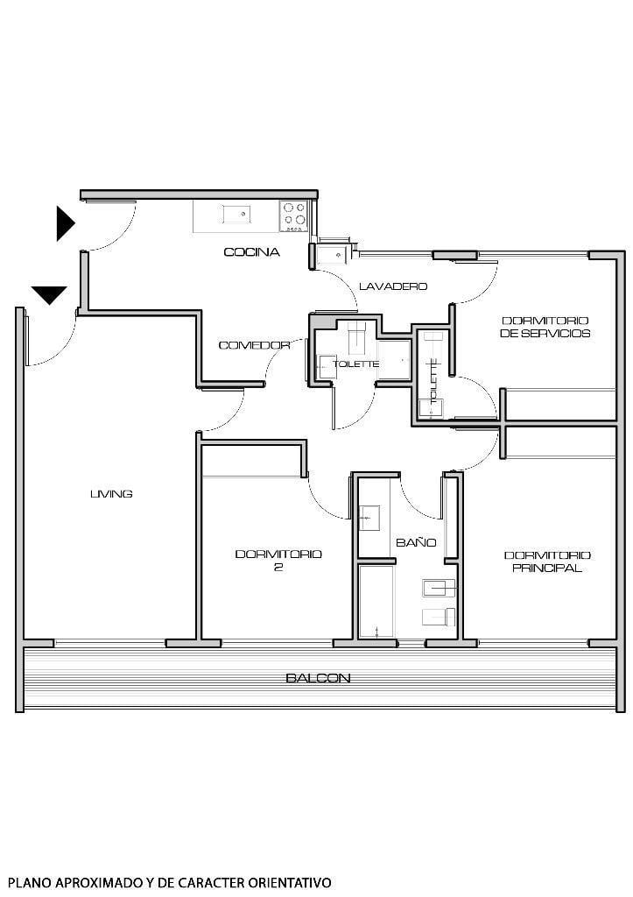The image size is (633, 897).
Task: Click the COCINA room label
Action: (x=251, y=252)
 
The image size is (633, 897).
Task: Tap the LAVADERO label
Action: (x=393, y=286)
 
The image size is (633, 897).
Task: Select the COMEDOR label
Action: (x=254, y=345)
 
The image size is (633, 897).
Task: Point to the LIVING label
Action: (x=111, y=494)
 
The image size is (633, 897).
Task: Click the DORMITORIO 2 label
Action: (x=278, y=561)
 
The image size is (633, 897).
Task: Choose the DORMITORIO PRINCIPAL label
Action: (x=547, y=562)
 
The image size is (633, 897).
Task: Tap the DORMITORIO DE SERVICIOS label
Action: (x=545, y=327)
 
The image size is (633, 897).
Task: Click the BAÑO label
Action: (x=416, y=542)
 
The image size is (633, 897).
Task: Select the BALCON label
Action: (x=318, y=678)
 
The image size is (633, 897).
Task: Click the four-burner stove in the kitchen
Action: (x=294, y=215)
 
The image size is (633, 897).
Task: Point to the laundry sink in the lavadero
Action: (x=332, y=255)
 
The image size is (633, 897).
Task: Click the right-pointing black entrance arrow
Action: (x=66, y=223)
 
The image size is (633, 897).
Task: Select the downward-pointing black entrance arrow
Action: (x=49, y=295)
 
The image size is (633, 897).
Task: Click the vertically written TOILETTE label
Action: (x=433, y=381)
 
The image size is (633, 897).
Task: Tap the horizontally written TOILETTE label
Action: (x=355, y=364)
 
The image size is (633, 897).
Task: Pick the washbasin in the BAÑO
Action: (x=369, y=519)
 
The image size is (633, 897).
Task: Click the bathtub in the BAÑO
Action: (x=376, y=601)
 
